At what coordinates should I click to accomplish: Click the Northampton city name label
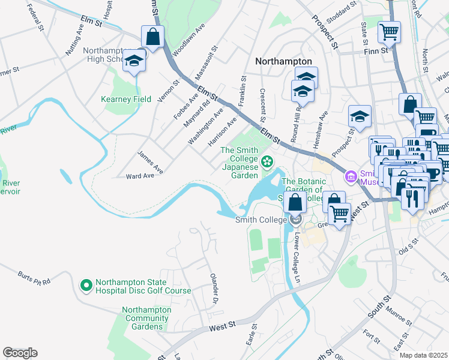pyautogui.click(x=283, y=61)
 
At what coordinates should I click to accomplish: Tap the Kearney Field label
pyautogui.click(x=126, y=99)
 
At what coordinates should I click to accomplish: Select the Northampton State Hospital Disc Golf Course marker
pyautogui.click(x=86, y=286)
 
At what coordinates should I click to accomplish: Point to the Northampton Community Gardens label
pyautogui.click(x=146, y=318)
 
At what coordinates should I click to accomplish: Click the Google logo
pyautogui.click(x=20, y=353)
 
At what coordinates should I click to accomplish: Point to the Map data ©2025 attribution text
pyautogui.click(x=423, y=355)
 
